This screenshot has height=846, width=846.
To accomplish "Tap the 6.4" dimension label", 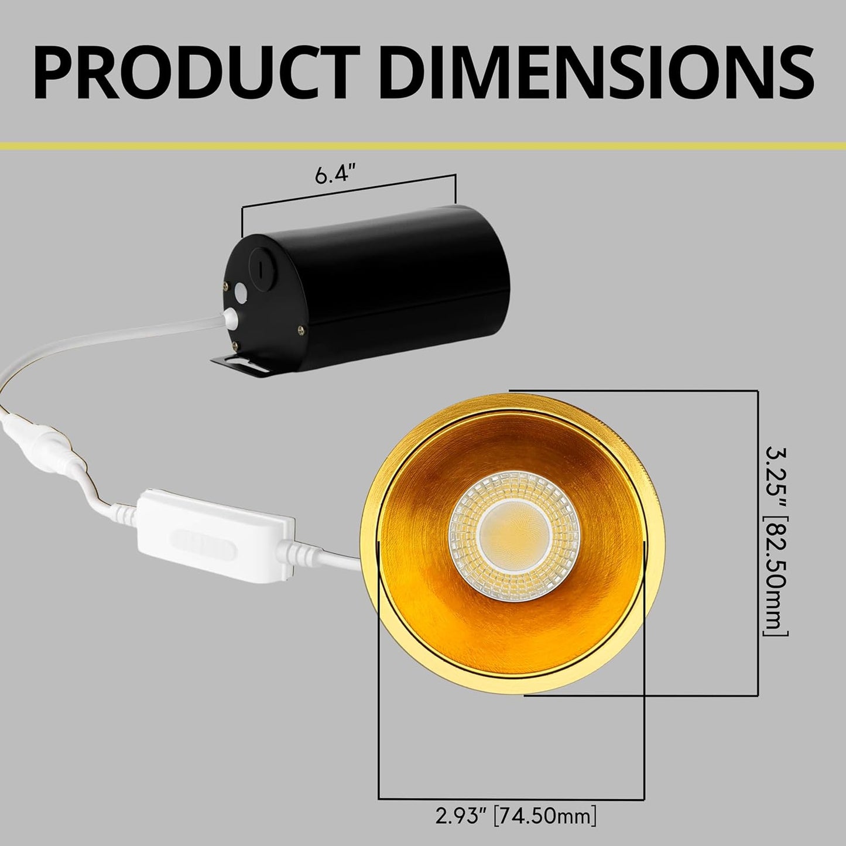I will click(335, 174).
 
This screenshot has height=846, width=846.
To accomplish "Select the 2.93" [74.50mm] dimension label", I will click(515, 816).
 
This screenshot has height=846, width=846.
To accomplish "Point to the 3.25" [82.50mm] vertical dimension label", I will click(776, 542).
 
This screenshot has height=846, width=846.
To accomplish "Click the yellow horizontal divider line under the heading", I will click(423, 145).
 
